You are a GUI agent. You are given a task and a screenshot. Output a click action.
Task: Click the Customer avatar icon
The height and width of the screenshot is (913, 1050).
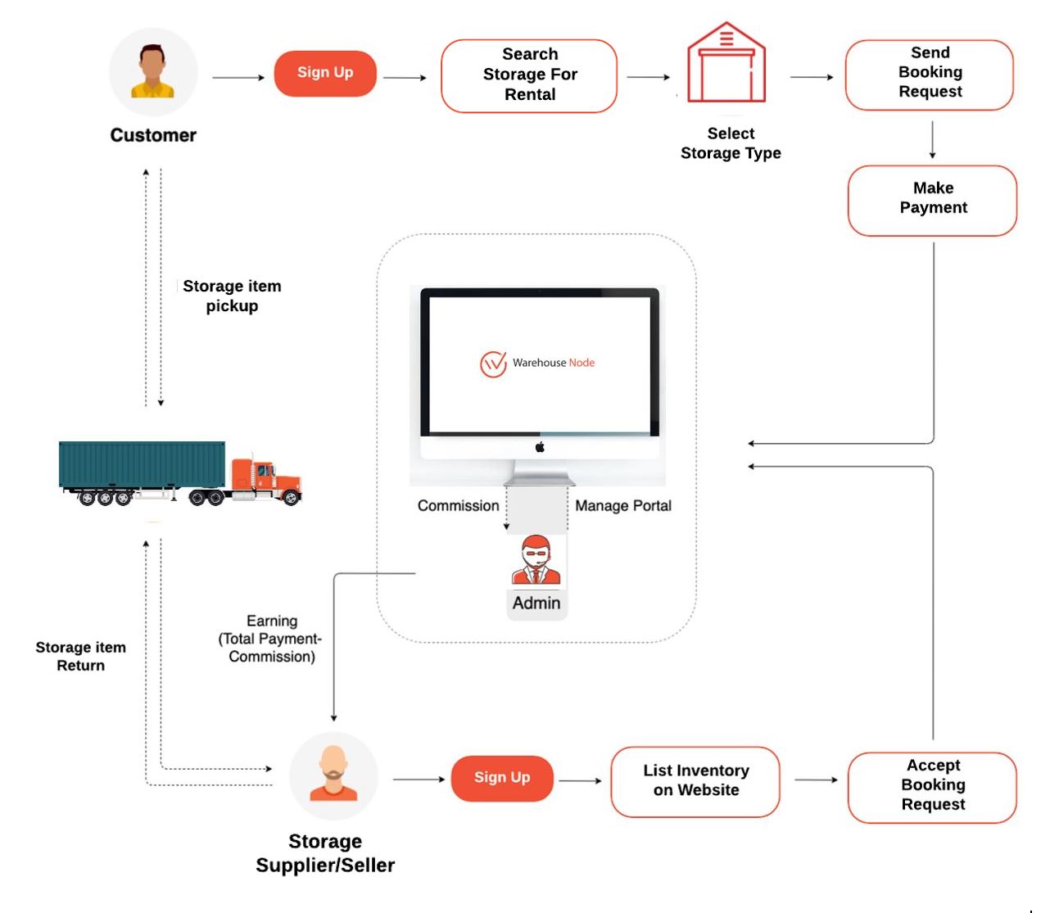click(153, 72)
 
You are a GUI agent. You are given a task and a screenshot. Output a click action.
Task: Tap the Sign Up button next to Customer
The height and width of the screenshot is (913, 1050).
click(325, 73)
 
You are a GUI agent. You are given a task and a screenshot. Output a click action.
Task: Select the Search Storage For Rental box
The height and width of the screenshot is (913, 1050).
click(529, 75)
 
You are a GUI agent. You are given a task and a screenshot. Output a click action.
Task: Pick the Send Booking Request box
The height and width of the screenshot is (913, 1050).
click(930, 74)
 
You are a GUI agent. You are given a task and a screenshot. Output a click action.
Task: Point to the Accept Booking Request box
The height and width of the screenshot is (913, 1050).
click(932, 786)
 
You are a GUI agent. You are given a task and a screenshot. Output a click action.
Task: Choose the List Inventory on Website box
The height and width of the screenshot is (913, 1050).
click(695, 781)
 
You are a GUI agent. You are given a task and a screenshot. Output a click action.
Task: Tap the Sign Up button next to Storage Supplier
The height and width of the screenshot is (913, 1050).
click(502, 778)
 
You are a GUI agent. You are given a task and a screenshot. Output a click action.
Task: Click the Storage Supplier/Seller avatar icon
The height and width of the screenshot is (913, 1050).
click(333, 775)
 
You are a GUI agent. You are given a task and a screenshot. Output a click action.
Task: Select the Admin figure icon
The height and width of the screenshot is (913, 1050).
click(536, 560)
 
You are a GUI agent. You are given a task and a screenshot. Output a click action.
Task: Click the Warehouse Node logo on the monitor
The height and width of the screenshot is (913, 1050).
click(494, 364)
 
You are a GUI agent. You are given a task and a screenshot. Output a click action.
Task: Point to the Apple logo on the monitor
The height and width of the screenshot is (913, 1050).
click(540, 447)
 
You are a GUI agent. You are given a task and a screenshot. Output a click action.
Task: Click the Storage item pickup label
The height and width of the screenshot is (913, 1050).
click(232, 296)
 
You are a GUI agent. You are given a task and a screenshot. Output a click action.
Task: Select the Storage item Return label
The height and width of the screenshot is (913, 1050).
click(80, 656)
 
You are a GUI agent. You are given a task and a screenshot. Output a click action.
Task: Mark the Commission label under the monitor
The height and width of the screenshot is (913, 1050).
click(458, 506)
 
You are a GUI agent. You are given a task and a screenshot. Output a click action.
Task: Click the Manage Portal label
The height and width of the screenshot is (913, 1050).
click(622, 506)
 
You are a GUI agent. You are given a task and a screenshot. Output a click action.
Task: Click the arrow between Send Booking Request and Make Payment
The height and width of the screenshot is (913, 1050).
click(932, 140)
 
